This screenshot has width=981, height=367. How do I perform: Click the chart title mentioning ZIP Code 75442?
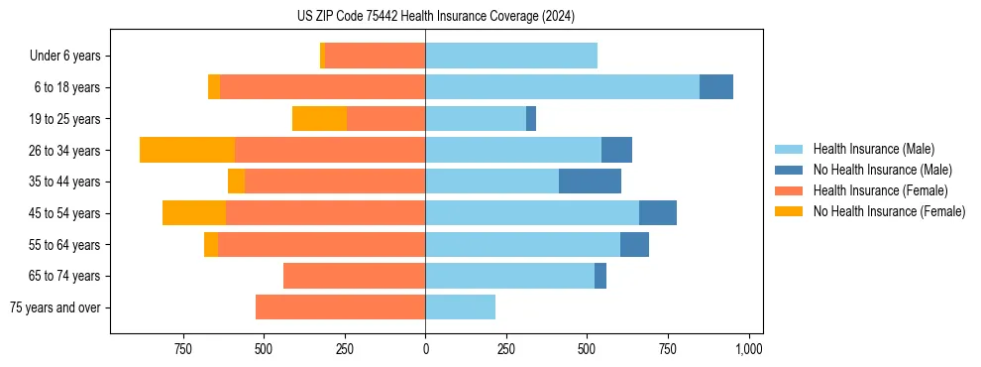435,17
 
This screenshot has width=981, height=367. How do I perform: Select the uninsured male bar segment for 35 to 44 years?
590,182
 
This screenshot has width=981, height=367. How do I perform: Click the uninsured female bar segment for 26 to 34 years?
187,150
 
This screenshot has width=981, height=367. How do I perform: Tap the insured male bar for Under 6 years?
511,56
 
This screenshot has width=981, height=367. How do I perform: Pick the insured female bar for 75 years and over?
340,307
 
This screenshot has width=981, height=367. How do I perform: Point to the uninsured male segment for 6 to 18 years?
716,87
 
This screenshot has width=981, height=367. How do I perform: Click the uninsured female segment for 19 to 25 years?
319,119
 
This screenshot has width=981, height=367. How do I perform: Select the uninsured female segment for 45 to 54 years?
194,213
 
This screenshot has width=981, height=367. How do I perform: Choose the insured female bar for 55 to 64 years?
321,245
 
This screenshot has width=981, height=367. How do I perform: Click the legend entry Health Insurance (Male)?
873,149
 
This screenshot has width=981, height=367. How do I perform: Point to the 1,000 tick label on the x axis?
749,349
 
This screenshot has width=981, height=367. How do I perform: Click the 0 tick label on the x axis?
425,349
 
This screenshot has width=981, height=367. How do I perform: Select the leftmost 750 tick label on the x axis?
182,349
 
